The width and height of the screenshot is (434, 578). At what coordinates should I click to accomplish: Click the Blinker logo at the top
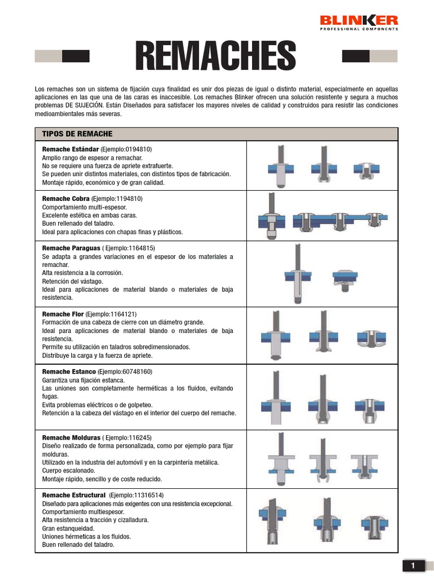[359, 22]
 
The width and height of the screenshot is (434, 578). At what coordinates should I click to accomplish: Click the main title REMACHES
[215, 56]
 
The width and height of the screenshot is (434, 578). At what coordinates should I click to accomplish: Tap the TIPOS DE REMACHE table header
[77, 134]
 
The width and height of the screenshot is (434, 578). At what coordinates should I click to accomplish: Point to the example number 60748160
[135, 371]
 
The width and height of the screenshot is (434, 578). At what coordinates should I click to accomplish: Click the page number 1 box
[413, 566]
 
